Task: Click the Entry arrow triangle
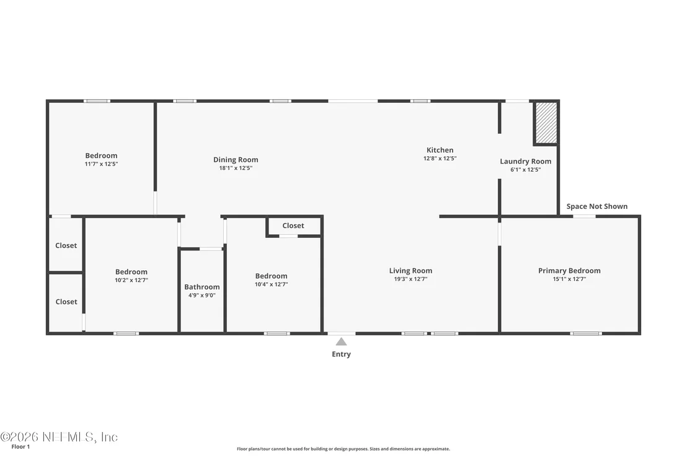point(341,341)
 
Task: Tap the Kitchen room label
point(440,150)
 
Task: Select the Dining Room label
point(236,160)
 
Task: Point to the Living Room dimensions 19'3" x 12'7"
point(410,279)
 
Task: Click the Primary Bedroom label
point(569,271)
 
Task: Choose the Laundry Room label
point(525,162)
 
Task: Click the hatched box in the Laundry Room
point(546,123)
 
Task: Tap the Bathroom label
point(202,287)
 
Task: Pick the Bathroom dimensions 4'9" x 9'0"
point(202,296)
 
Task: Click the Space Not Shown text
point(596,206)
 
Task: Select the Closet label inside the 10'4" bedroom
point(293,226)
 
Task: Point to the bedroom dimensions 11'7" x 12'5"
point(101,164)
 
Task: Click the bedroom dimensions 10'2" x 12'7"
point(131,280)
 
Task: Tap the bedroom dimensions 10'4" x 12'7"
point(271,284)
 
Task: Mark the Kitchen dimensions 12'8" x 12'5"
point(440,159)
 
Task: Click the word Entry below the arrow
point(341,354)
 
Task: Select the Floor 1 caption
point(20,447)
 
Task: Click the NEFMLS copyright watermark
point(59,437)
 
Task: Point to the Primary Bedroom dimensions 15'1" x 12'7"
point(569,279)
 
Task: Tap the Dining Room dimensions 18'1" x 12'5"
point(236,168)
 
